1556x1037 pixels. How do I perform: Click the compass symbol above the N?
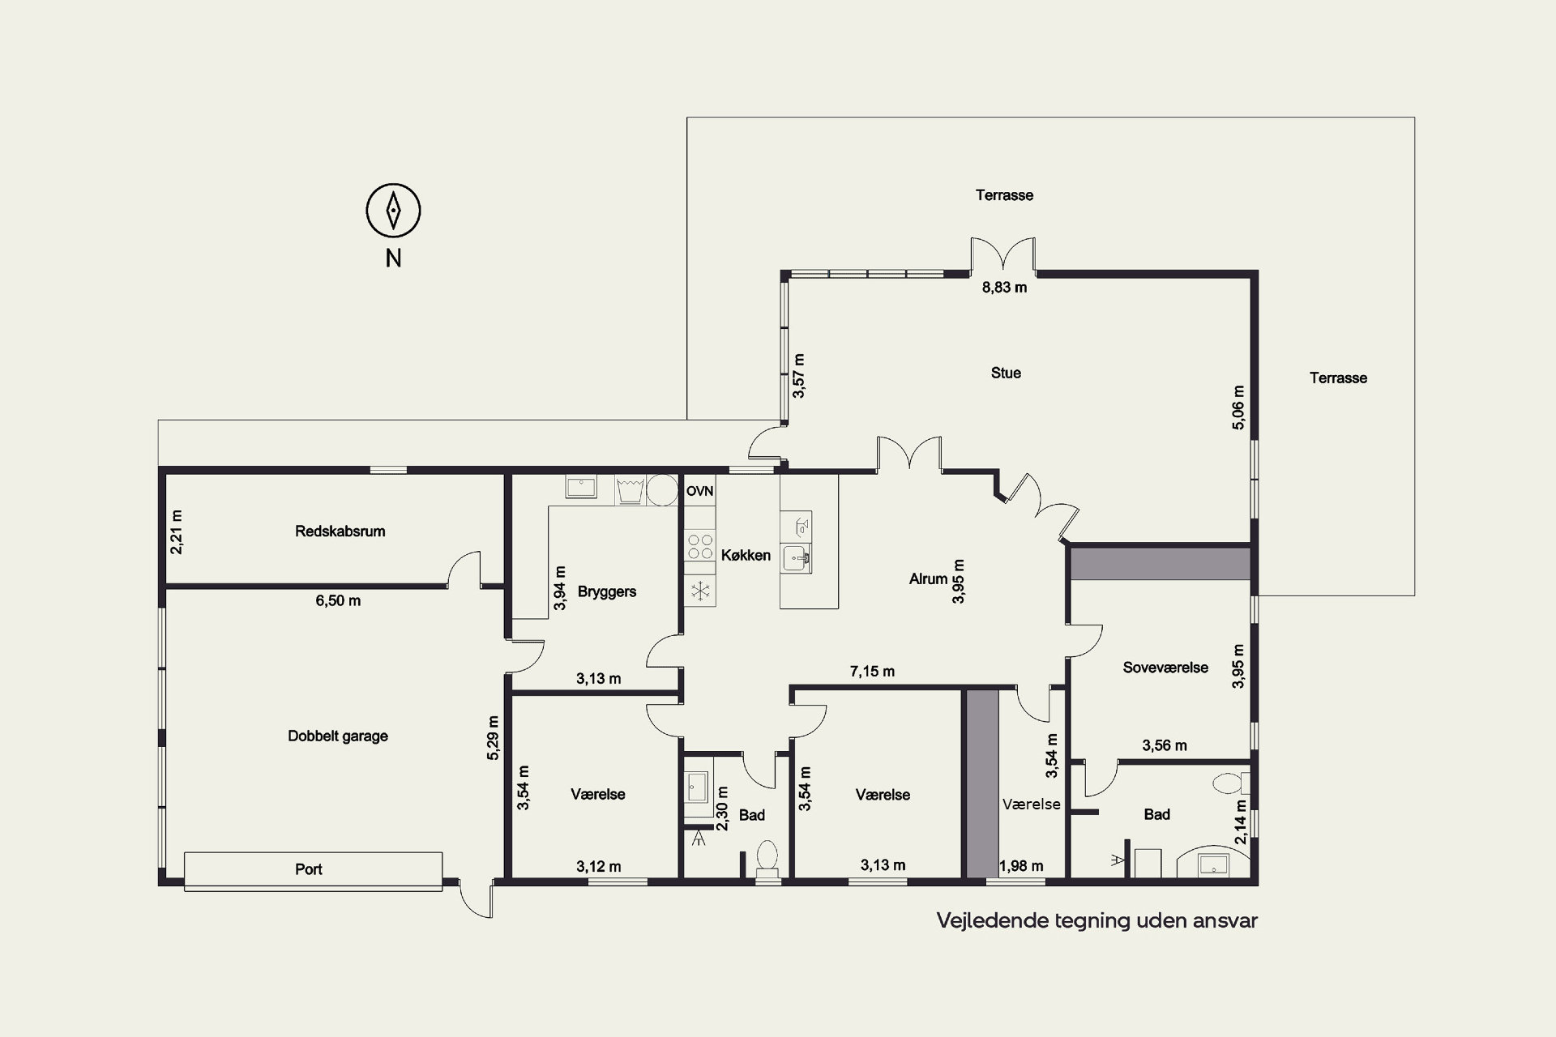coord(393,211)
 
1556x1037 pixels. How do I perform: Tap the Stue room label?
coord(1006,373)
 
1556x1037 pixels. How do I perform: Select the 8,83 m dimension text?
coord(1004,288)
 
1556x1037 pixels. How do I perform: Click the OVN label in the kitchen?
coord(700,491)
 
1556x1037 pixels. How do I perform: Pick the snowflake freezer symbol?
coord(700,590)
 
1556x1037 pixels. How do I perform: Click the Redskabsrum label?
coord(340,531)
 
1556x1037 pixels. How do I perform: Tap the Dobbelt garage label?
coord(338,736)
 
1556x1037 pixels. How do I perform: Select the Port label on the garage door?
coord(308,869)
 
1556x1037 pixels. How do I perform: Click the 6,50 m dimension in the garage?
coord(338,601)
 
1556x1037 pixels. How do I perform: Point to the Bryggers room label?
coord(607,591)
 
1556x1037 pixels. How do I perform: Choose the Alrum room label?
coord(928,579)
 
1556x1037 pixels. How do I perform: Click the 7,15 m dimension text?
coord(872,672)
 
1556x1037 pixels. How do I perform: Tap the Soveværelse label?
coord(1165,668)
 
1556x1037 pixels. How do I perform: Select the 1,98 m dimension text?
coord(1021,866)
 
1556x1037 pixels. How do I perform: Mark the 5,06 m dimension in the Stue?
coord(1238,407)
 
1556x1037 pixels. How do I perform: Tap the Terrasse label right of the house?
coord(1338,378)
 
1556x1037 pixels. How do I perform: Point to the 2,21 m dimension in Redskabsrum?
coord(177,531)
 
